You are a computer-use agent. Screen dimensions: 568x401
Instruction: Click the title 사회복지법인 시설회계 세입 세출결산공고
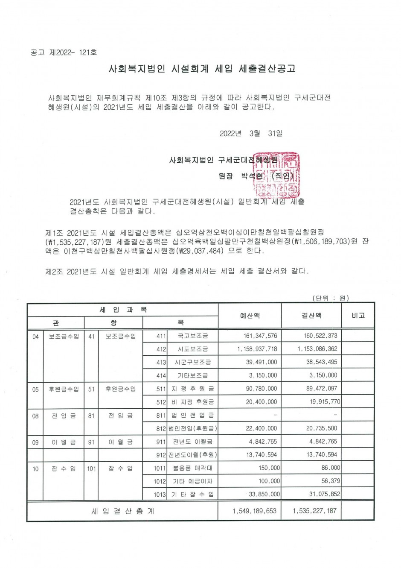[202, 68]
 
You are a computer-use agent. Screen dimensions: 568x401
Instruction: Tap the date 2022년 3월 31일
[251, 134]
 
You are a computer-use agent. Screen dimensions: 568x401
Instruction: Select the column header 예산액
[250, 316]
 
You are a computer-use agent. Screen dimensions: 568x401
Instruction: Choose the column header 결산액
[311, 316]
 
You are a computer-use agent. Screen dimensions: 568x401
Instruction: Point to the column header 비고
[358, 316]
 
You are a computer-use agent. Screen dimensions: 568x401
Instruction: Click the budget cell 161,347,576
[260, 336]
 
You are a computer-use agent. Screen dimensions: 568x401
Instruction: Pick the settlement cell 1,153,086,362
[317, 349]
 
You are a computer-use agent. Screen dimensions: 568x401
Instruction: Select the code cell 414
[161, 375]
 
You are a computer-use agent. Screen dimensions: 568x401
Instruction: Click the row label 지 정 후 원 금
[193, 389]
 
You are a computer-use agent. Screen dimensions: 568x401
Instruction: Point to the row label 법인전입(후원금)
[193, 428]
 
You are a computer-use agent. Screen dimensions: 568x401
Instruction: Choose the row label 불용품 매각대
[193, 468]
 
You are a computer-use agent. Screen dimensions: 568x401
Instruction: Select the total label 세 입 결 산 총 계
[123, 511]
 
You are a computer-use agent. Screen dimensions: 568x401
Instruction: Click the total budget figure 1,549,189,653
[255, 511]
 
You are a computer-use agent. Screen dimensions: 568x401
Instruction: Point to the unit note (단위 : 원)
[331, 298]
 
